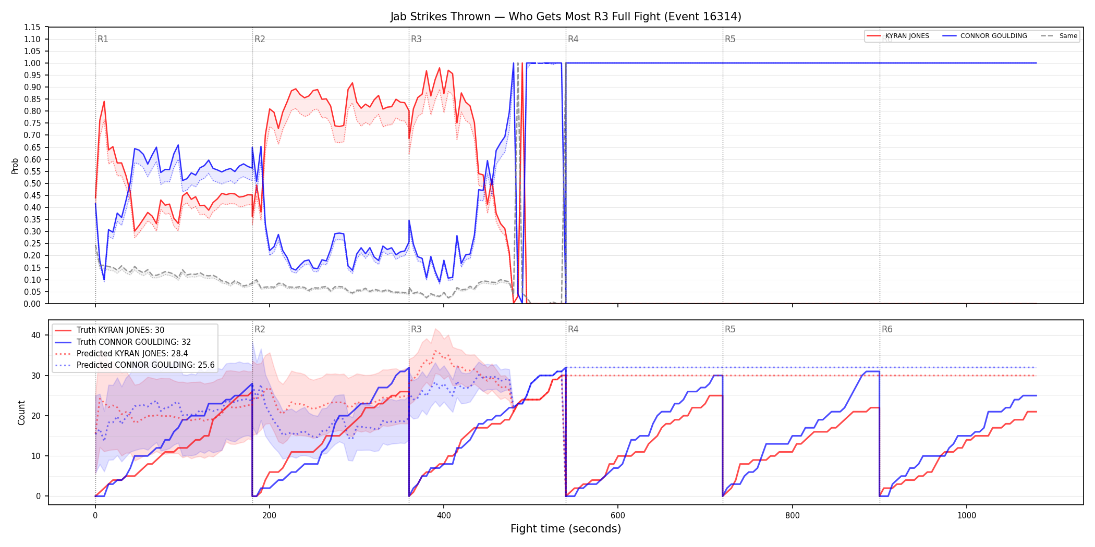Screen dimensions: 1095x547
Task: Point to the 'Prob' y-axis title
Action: coord(15,166)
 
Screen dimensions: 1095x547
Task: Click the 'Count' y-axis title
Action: coord(21,413)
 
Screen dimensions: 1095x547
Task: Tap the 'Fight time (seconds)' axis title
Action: coord(566,529)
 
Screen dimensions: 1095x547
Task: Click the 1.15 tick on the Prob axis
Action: coord(32,27)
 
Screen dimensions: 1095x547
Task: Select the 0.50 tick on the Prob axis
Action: coord(32,183)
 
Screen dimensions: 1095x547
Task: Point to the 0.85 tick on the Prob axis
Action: coord(32,99)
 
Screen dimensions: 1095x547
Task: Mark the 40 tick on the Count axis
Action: coord(36,335)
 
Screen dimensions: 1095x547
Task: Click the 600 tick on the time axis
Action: coord(618,515)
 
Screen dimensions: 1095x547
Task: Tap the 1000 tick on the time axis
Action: coord(967,515)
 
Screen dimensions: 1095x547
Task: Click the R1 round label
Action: coord(103,39)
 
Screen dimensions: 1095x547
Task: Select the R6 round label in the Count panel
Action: coord(887,329)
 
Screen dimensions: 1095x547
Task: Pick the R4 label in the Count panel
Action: coord(573,329)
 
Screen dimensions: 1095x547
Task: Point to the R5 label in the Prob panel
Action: coord(730,39)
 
